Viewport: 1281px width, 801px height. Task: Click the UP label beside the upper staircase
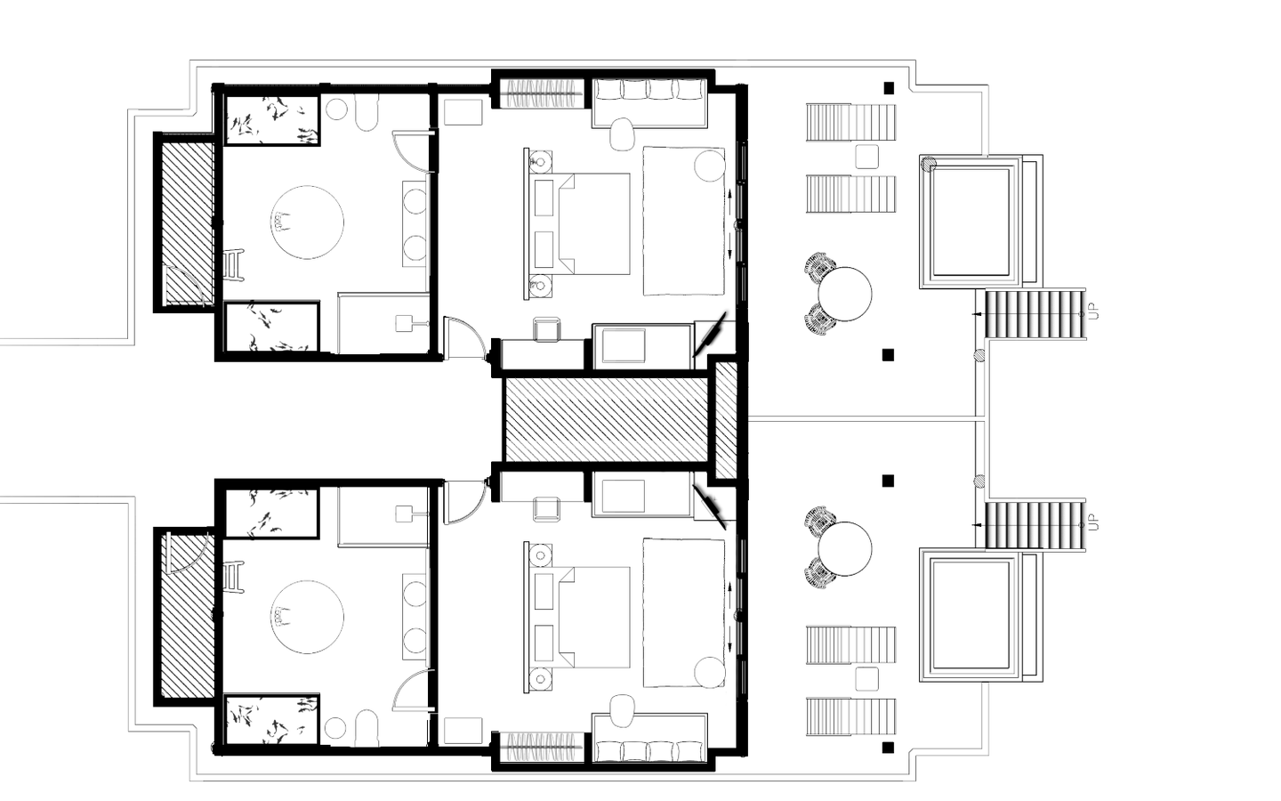coord(1093,311)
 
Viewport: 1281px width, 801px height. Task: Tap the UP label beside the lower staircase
coord(1093,522)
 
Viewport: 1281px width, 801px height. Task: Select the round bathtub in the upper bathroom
coord(307,222)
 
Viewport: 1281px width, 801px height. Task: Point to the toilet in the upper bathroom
coord(367,112)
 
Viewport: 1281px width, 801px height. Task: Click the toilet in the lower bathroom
coord(367,728)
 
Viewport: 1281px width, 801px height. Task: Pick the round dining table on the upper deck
coord(845,294)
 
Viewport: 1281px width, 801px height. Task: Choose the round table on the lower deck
coord(845,548)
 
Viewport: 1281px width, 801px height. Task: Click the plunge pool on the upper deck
coord(970,222)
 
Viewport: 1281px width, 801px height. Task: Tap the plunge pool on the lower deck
coord(970,614)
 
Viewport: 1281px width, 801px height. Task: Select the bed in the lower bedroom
coord(577,618)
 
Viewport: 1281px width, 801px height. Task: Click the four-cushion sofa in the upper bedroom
coord(649,103)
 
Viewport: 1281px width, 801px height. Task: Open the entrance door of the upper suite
coord(465,338)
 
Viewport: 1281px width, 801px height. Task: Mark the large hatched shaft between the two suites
coord(605,419)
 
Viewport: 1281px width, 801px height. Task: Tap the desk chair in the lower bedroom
coord(546,509)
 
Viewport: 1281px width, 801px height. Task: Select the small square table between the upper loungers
coord(867,157)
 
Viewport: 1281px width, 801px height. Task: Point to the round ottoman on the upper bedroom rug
coord(710,166)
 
